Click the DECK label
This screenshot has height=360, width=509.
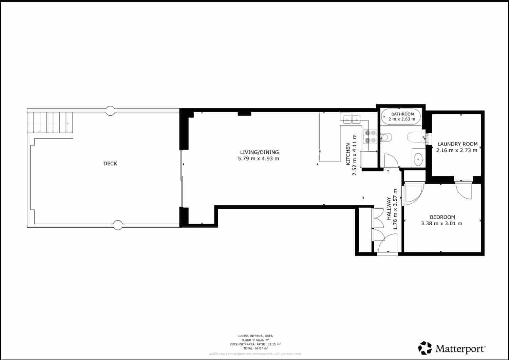[110, 164]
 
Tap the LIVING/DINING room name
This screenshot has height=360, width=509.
[259, 152]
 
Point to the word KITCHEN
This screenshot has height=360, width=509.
[348, 154]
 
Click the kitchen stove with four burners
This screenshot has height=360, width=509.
[370, 136]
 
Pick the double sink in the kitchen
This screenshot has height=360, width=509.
[352, 119]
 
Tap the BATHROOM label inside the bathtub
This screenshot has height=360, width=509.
[402, 114]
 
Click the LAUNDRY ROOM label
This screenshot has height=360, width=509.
[457, 144]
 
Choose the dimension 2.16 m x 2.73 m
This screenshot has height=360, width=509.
[456, 150]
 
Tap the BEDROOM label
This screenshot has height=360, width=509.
[442, 217]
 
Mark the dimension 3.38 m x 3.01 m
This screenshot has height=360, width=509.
[441, 223]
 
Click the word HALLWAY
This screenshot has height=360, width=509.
[389, 208]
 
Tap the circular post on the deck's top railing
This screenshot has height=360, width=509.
[110, 111]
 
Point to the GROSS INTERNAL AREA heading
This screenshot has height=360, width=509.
[255, 336]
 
